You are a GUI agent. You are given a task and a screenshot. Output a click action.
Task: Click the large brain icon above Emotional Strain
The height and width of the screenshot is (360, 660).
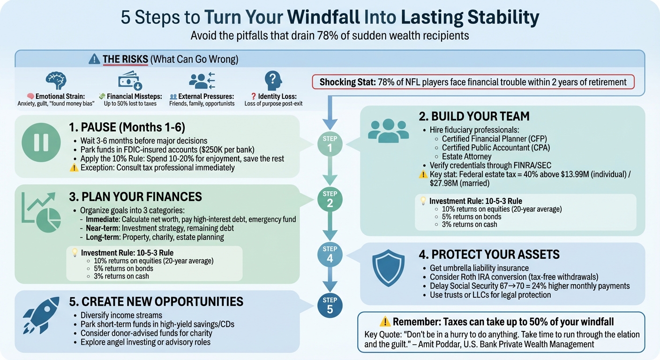[56, 81]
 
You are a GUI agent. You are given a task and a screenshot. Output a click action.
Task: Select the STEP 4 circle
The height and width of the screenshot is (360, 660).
[330, 254]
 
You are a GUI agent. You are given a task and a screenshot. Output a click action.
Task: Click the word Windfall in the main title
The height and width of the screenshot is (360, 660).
[323, 17]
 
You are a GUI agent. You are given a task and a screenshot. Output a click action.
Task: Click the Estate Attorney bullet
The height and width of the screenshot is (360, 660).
[466, 157]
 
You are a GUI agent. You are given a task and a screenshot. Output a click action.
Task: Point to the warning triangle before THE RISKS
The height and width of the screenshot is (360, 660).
[94, 59]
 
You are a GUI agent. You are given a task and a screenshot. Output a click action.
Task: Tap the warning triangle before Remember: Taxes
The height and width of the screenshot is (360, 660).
[385, 322]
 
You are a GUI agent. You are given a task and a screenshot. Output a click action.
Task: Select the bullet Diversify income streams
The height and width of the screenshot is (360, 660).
[121, 315]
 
